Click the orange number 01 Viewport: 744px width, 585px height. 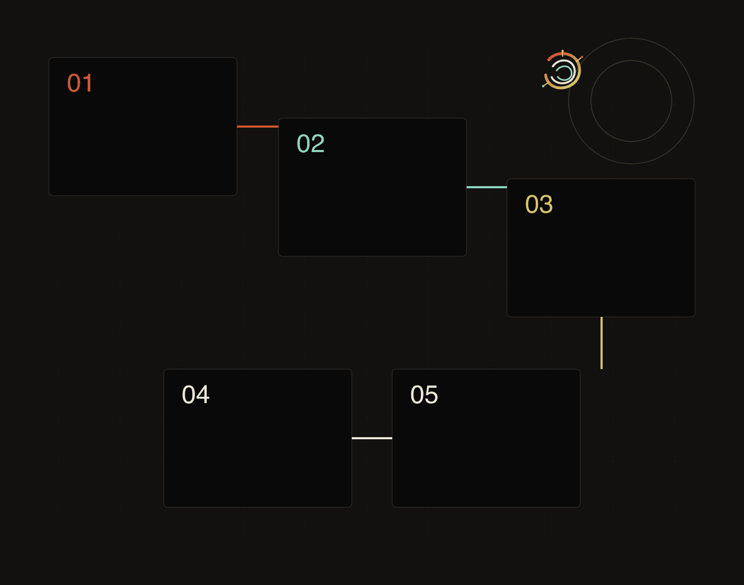(x=80, y=83)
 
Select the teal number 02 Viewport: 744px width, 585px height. (x=310, y=144)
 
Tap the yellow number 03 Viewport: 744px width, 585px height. (x=539, y=204)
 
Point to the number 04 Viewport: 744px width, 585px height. (x=196, y=395)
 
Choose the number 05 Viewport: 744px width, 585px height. (x=424, y=395)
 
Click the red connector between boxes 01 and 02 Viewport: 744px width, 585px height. (x=258, y=127)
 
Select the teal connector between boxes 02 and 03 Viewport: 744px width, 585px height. (x=487, y=187)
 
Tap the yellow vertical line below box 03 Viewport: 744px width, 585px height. (x=602, y=343)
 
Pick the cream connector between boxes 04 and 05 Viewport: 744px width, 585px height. (x=372, y=438)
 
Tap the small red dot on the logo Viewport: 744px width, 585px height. (x=582, y=57)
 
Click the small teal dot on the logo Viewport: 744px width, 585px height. (x=543, y=86)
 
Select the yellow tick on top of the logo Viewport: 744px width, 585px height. (x=562, y=52)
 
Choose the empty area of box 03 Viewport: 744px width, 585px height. (x=601, y=266)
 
